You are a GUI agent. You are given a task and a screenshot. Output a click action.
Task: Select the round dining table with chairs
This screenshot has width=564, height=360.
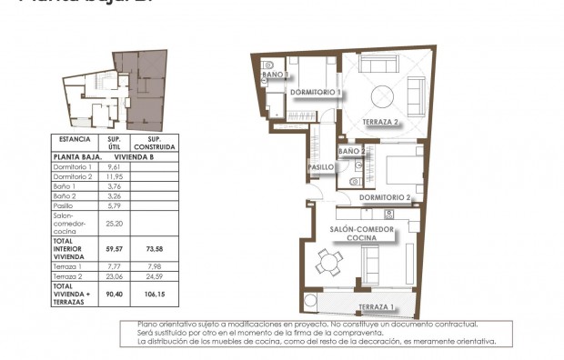327,264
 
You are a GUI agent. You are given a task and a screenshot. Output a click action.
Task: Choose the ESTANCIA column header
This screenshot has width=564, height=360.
74,140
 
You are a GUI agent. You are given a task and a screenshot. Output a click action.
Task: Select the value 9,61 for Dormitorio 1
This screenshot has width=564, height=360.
115,168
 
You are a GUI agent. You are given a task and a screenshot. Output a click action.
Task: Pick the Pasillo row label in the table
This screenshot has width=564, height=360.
65,206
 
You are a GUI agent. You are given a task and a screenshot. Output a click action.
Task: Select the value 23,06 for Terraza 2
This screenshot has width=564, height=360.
115,275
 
